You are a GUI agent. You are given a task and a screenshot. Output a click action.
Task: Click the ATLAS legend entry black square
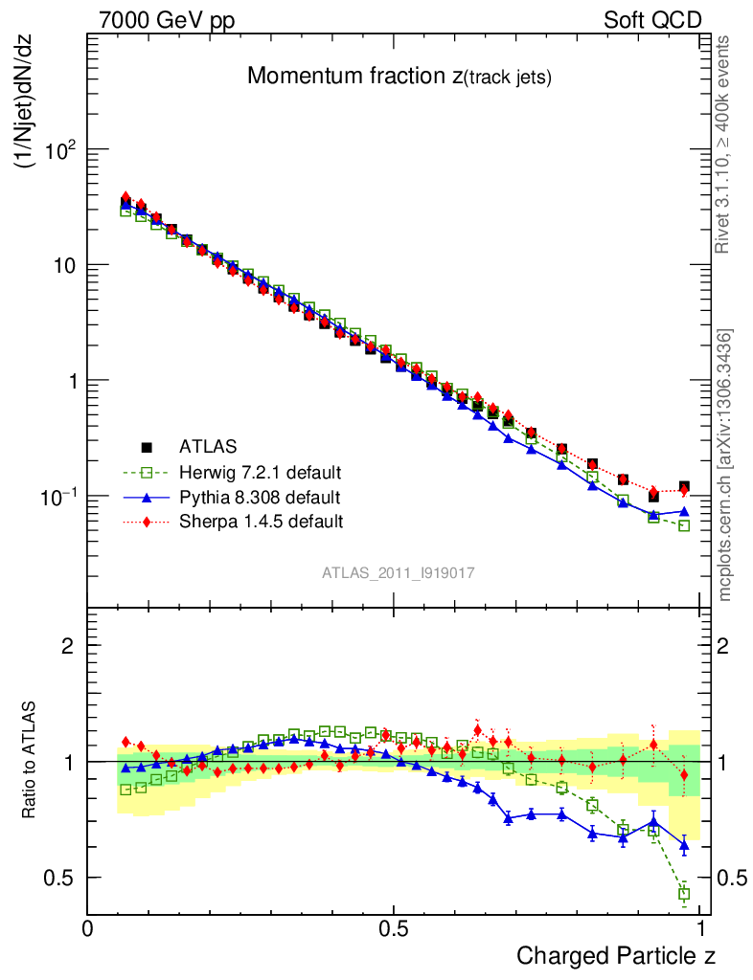[x=147, y=447]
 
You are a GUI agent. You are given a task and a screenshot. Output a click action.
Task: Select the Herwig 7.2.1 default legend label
[x=260, y=473]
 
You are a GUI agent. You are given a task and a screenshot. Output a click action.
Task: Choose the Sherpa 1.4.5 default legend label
[x=261, y=522]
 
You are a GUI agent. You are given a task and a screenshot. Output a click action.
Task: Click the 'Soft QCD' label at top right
[x=653, y=21]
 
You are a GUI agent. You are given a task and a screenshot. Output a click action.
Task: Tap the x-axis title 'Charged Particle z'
[x=616, y=955]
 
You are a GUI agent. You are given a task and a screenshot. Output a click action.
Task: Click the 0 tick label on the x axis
[x=88, y=929]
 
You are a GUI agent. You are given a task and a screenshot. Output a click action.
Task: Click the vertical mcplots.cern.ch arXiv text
[x=726, y=466]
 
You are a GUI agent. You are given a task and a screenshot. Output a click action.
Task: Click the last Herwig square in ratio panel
[x=684, y=894]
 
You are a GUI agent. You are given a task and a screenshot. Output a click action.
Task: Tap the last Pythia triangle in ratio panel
[x=684, y=845]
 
